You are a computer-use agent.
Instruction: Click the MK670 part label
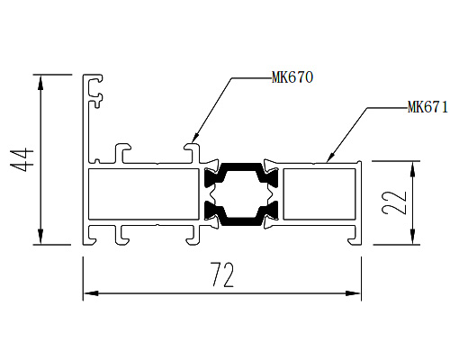click(x=292, y=77)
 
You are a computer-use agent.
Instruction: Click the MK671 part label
click(x=427, y=107)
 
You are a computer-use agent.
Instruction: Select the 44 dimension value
click(x=22, y=159)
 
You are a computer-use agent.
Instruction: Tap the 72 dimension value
click(x=222, y=274)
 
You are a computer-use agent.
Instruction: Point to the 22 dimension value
click(x=394, y=203)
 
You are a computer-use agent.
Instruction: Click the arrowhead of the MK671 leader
click(x=331, y=157)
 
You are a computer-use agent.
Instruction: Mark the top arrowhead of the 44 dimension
click(x=40, y=82)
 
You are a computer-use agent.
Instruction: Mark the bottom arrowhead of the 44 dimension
click(x=40, y=237)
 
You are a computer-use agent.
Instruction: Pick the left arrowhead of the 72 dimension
click(x=91, y=293)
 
